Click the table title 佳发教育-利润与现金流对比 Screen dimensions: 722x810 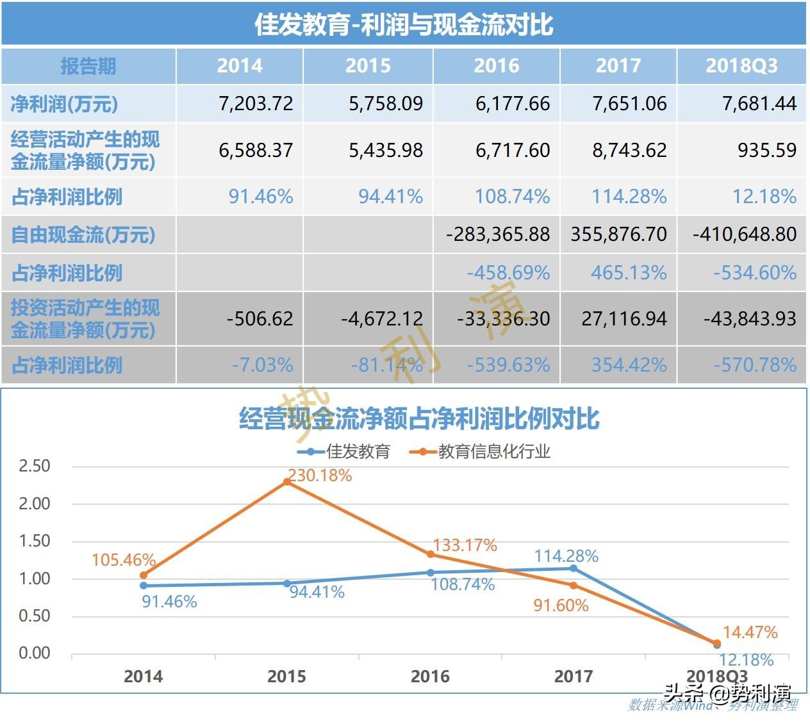point(404,24)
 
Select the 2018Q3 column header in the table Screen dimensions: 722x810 point(741,65)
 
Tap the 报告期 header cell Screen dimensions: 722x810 point(88,66)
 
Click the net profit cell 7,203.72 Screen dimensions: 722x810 point(256,104)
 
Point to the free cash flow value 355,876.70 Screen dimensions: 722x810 point(618,234)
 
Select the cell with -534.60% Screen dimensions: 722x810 point(755,273)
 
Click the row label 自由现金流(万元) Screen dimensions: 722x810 point(83,234)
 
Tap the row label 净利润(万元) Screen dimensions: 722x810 point(64,104)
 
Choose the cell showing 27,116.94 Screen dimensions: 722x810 point(624,318)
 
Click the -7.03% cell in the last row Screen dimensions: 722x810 point(262,365)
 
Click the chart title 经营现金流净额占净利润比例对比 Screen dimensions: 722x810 point(419,419)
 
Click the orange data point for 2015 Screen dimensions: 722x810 point(286,482)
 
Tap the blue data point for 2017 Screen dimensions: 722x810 point(574,568)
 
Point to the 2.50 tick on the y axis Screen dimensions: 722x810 point(35,466)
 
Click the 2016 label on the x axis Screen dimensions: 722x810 point(430,677)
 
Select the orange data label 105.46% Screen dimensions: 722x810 point(124,560)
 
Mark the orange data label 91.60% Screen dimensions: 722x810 point(561,605)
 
